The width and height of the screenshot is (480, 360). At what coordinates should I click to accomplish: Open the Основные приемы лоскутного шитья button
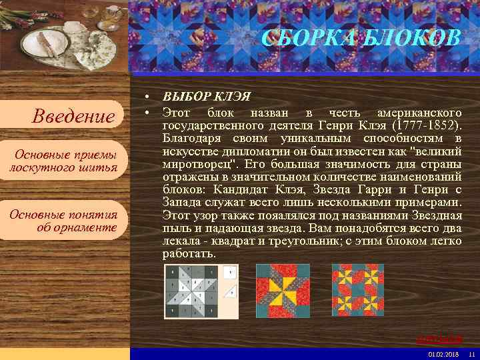[63, 161]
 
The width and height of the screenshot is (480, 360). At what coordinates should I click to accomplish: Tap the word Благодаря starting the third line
[191, 139]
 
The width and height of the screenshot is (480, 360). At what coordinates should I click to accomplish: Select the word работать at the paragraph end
[189, 254]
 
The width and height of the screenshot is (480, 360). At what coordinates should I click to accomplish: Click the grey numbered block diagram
[201, 291]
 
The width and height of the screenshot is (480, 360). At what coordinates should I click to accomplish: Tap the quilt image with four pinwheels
[358, 291]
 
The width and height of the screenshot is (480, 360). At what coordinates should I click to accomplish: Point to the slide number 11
[471, 353]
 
